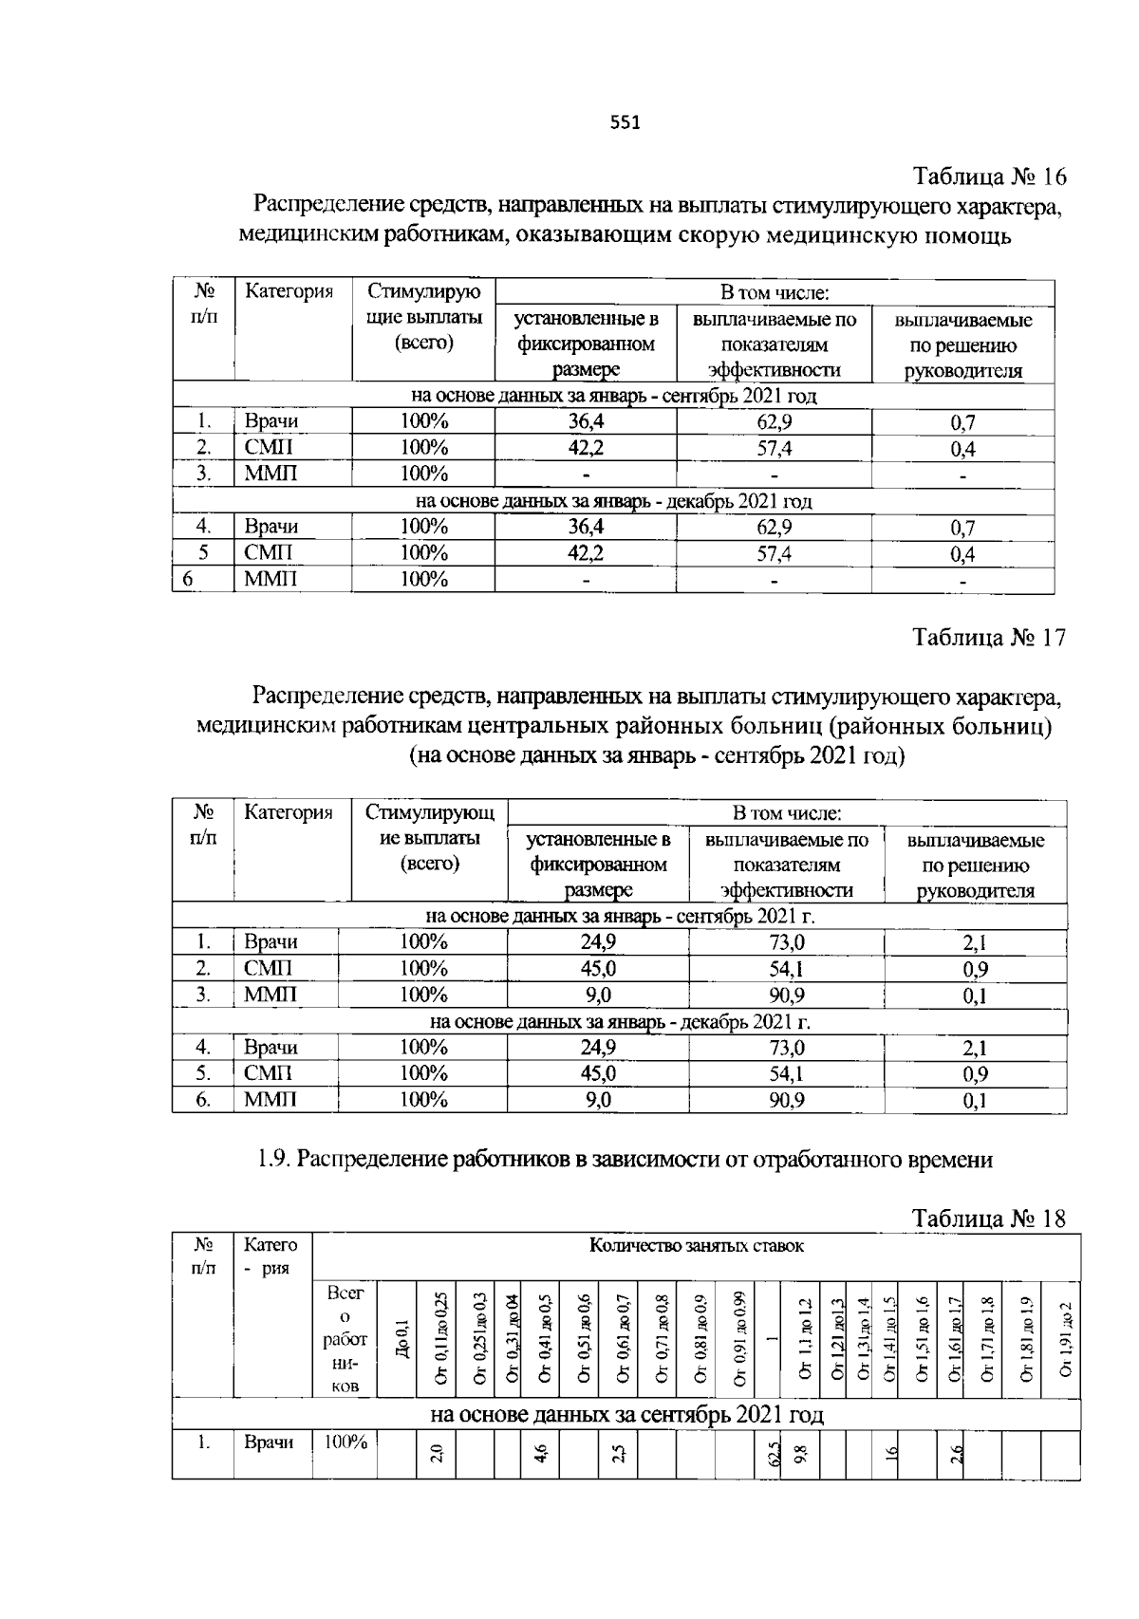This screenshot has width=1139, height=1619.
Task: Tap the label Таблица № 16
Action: (x=989, y=177)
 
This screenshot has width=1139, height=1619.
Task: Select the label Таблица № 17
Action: (x=989, y=637)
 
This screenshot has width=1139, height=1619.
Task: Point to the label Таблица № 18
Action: (x=989, y=1218)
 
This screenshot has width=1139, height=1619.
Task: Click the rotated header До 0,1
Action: (x=403, y=1338)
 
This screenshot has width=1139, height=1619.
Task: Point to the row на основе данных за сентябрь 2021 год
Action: (x=626, y=1415)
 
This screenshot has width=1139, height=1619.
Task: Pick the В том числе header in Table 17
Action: (x=787, y=813)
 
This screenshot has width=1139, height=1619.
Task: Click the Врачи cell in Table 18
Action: (x=269, y=1442)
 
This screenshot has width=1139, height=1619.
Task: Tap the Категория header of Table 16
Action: (x=289, y=291)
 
